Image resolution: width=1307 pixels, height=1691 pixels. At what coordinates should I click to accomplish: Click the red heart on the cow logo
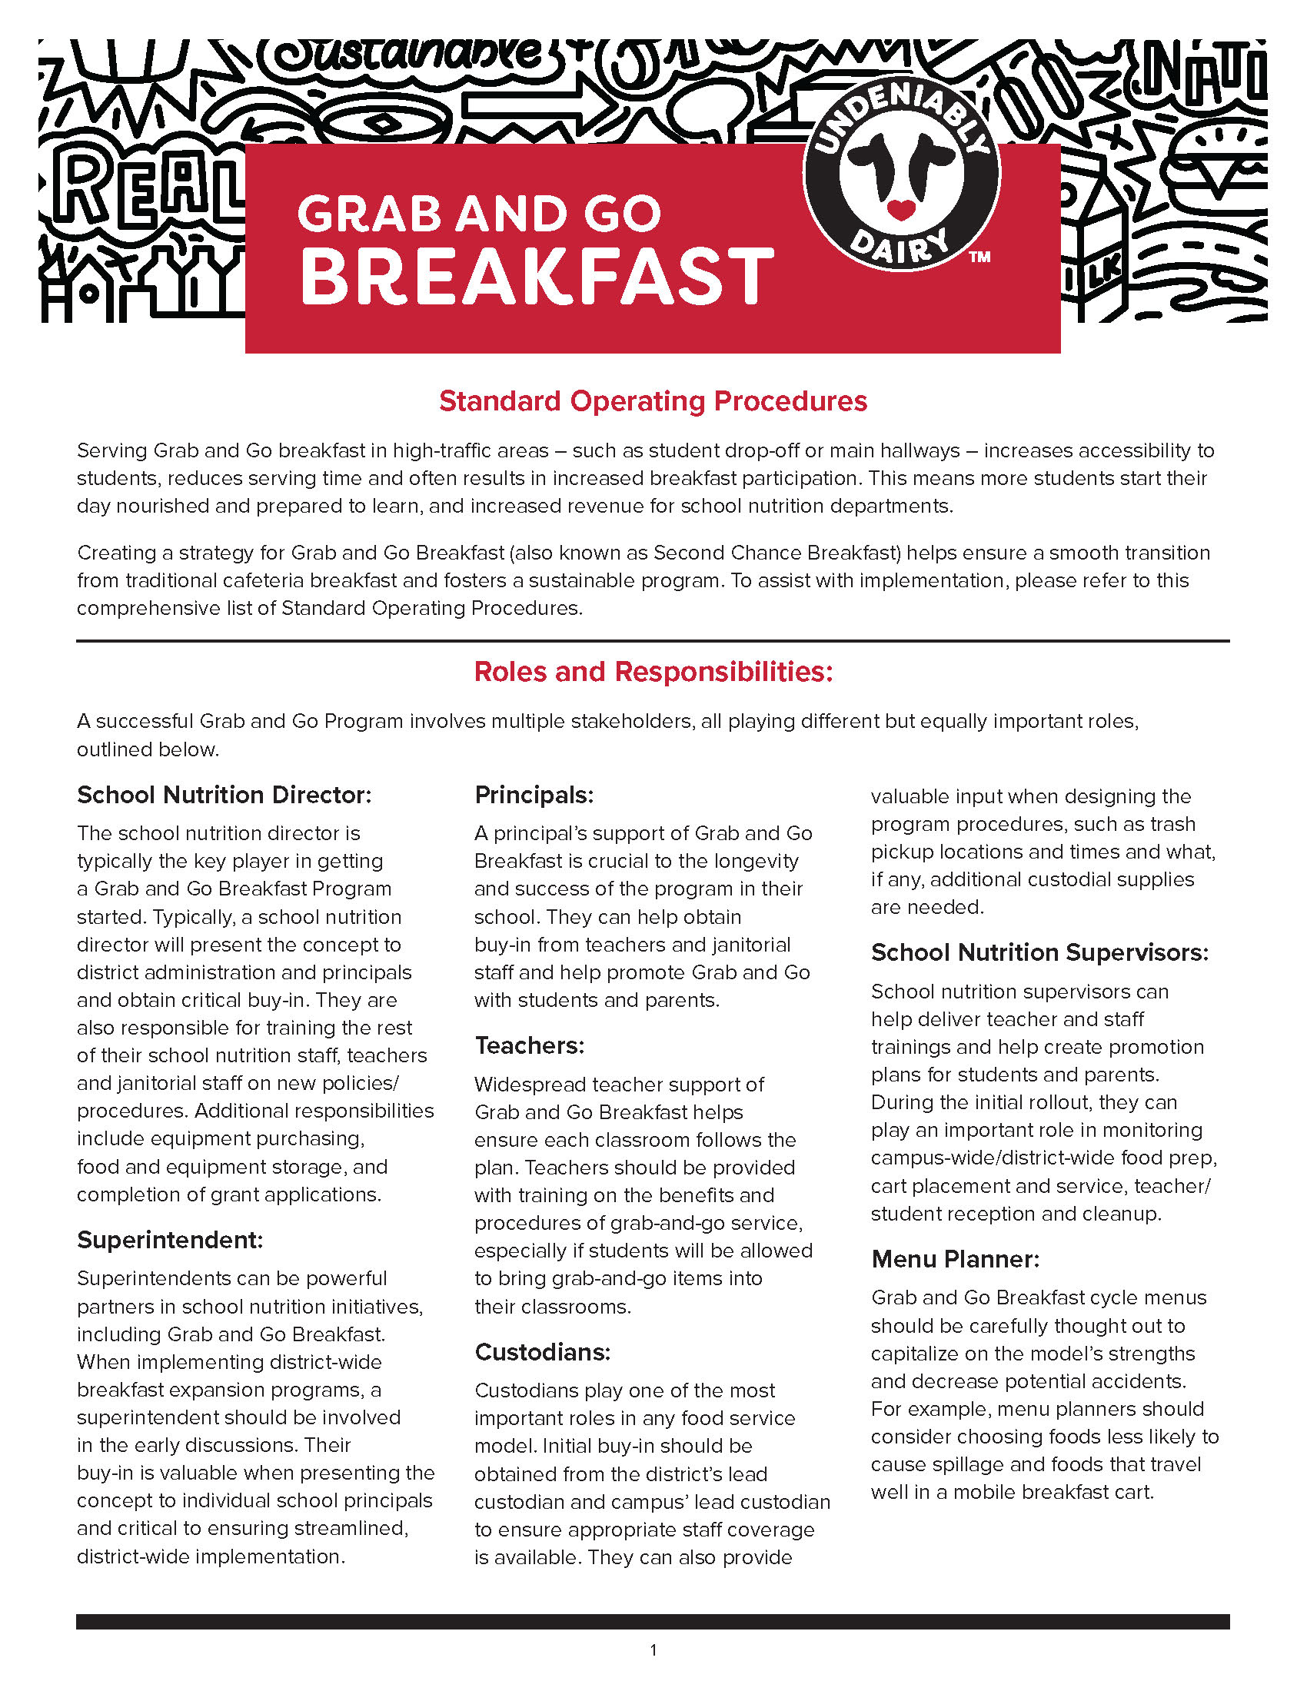click(x=900, y=209)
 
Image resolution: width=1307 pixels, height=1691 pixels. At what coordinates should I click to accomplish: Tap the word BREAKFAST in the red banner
click(x=537, y=277)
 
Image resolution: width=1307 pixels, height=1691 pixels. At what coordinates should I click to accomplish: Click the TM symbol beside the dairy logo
click(x=979, y=257)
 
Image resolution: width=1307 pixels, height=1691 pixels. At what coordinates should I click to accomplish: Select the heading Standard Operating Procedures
click(x=653, y=401)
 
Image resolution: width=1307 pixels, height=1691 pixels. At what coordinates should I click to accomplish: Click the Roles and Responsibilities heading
click(x=653, y=672)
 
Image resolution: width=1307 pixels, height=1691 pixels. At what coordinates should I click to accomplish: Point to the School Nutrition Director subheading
click(x=224, y=796)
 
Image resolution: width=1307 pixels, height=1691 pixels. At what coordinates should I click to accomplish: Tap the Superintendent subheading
click(x=171, y=1240)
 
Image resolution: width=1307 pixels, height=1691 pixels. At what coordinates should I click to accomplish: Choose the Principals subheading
click(x=534, y=796)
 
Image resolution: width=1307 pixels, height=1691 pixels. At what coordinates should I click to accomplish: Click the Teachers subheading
click(x=530, y=1046)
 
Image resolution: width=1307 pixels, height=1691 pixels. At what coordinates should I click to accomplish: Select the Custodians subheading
click(x=542, y=1352)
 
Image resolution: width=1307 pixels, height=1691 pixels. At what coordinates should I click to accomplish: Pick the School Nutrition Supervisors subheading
click(x=1039, y=952)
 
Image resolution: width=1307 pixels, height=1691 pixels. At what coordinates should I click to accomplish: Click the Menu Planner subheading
click(x=955, y=1259)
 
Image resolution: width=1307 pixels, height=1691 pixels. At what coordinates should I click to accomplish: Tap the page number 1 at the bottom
click(x=653, y=1650)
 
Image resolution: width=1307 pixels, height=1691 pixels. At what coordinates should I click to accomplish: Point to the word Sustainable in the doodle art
click(x=411, y=55)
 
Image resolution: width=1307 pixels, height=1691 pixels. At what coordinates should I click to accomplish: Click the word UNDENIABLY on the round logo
click(x=902, y=116)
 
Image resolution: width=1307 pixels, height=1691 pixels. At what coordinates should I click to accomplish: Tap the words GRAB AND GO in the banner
click(x=478, y=214)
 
